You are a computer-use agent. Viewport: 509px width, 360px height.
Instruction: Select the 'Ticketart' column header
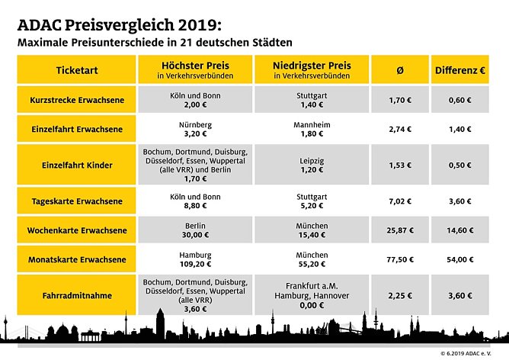tap(77, 69)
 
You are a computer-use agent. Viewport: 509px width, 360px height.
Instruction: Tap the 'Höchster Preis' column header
tap(195, 69)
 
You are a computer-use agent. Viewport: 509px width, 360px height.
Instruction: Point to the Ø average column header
tap(400, 69)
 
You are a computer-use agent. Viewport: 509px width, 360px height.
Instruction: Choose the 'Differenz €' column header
tap(461, 69)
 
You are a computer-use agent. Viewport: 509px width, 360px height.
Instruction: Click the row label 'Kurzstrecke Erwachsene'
tap(77, 100)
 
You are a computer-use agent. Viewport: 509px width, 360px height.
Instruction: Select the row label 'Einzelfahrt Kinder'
tap(77, 165)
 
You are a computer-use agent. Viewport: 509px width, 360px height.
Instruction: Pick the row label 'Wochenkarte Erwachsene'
tap(77, 230)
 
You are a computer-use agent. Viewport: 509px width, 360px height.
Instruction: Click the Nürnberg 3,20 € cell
tap(195, 127)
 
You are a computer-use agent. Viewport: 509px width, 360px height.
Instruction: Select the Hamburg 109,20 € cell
tap(195, 259)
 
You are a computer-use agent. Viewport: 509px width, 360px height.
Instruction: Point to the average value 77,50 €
tap(400, 259)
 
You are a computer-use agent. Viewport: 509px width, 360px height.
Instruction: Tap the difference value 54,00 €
tap(461, 259)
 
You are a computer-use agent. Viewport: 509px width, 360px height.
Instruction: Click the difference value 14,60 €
tap(461, 230)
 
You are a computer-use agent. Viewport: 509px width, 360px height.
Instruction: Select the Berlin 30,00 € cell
tap(195, 230)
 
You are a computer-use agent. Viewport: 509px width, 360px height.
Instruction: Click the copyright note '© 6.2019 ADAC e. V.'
tap(472, 354)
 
